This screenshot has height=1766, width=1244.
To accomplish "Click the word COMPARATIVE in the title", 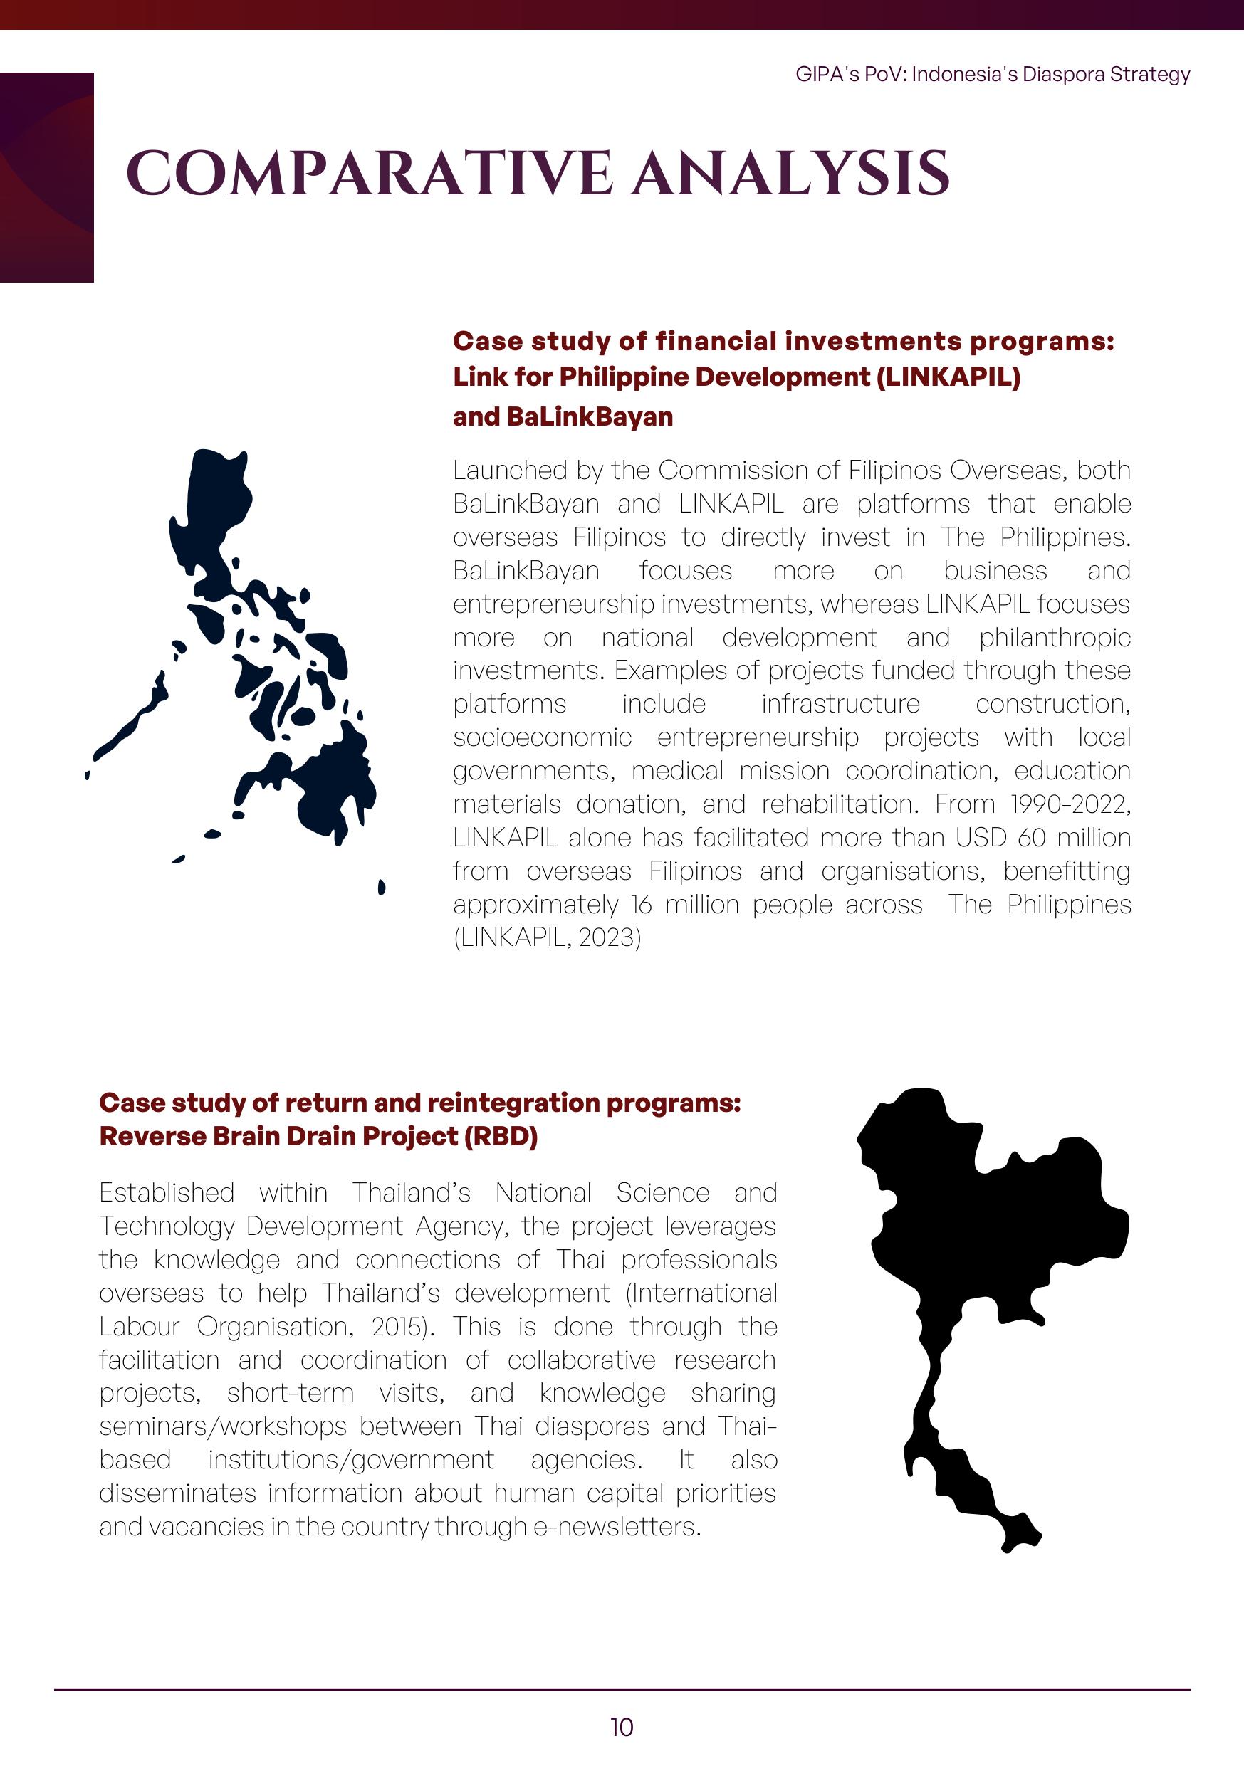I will (370, 173).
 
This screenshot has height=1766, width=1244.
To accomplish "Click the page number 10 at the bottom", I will (622, 1728).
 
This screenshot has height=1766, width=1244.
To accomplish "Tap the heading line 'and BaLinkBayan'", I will (563, 417).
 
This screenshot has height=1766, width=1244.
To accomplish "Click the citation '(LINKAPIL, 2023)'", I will (546, 937).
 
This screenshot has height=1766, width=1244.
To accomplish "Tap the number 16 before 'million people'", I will (642, 905).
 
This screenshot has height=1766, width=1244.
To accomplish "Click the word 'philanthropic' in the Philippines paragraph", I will (1055, 638).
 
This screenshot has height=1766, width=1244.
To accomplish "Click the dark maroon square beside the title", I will (46, 177).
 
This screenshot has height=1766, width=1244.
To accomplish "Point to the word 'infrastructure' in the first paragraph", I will (840, 704).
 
